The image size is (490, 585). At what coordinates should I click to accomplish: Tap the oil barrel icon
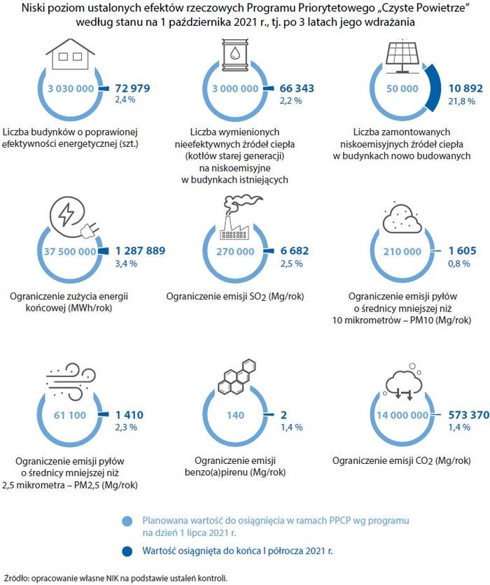pos(234,55)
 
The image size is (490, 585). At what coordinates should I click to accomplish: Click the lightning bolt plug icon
pos(74,216)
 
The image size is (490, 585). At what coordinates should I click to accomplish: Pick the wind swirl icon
pos(71,381)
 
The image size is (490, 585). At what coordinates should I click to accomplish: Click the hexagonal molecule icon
pos(237,376)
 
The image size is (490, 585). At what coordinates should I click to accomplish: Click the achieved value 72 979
pos(132,88)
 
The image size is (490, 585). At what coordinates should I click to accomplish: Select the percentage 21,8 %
pos(461,101)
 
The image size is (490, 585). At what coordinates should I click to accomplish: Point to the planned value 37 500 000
pos(70,251)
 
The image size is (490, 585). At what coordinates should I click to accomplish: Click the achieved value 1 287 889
pos(140,251)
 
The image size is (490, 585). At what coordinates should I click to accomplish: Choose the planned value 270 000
pos(235,251)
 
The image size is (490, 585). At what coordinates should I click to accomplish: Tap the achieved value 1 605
pos(463,251)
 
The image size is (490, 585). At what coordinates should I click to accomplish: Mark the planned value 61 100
pos(70,415)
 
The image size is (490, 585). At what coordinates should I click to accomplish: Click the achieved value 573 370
pos(469,415)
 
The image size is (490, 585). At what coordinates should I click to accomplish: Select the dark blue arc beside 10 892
pos(433,88)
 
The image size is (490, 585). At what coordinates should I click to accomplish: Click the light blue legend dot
pos(127,521)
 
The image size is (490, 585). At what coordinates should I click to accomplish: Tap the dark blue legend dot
pos(127,551)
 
